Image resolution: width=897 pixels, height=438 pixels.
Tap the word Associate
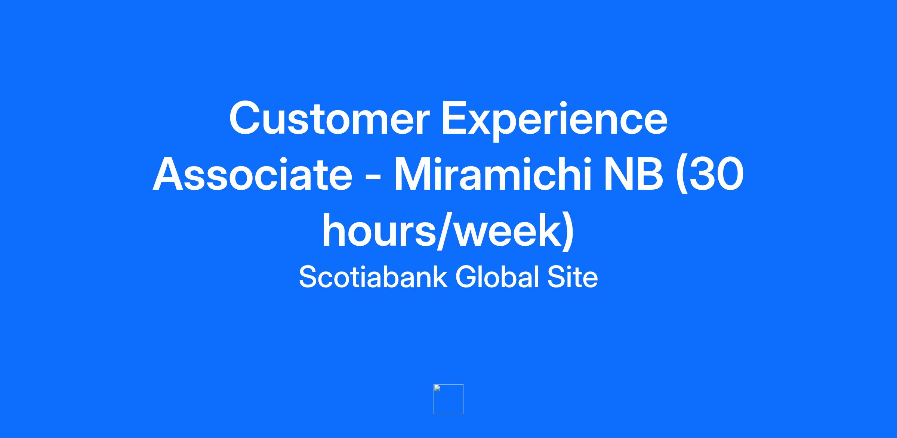coord(253,174)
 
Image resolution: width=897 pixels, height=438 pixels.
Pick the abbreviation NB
coord(634,174)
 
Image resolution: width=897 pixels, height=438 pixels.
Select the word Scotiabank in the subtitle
coord(373,277)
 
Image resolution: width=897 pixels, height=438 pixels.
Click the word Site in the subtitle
coord(573,277)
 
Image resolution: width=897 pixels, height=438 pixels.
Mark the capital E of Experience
coord(455,118)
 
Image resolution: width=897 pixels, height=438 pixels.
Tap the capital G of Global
coord(467,277)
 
